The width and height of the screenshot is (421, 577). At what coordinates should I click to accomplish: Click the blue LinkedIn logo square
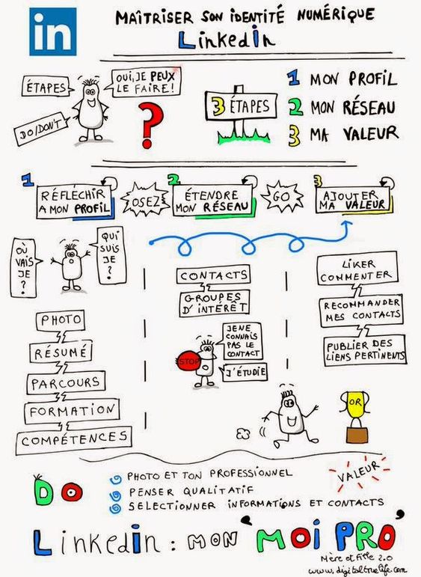53,31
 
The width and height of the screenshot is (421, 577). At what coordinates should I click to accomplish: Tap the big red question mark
150,125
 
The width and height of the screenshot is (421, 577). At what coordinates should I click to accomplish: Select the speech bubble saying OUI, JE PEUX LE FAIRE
146,82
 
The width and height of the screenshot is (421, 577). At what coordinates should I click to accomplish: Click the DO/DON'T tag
41,129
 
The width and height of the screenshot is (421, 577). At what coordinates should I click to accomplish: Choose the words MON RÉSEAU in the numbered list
353,107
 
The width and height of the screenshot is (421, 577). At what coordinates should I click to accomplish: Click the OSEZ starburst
145,201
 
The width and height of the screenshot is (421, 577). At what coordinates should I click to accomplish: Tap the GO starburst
282,197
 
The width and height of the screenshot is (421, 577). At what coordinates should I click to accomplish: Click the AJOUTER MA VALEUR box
353,200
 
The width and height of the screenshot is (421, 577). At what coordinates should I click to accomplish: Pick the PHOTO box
61,320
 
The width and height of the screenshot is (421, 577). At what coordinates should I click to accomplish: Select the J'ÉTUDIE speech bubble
244,373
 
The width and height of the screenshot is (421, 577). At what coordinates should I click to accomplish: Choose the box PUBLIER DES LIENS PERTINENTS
365,351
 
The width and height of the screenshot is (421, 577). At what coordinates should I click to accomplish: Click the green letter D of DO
44,492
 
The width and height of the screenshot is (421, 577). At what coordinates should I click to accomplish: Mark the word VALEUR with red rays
358,472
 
